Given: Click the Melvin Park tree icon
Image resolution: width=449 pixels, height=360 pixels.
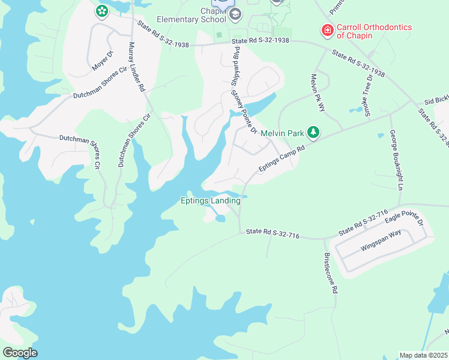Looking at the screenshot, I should coord(312,131).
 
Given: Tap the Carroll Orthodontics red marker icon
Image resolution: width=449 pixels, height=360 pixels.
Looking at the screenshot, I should coord(327,29).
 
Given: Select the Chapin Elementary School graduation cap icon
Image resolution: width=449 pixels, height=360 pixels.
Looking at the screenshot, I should coord(235,14).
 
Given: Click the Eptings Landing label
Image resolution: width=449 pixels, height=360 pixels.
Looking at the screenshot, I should coord(211,201).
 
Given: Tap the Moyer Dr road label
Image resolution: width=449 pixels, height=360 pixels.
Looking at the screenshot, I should coord(103,61).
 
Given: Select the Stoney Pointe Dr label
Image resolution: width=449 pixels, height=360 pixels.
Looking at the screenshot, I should coord(246,112).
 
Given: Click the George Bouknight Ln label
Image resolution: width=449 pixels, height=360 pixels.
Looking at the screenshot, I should coord(396,160).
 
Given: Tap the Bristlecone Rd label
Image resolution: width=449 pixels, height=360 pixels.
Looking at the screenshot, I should coord(331,272).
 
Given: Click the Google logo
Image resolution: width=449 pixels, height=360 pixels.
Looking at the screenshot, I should coord(20,353).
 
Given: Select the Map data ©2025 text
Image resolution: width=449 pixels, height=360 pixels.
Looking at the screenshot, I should coord(423,355).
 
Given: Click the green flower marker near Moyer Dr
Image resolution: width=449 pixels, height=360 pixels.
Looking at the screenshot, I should coord(101,11).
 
